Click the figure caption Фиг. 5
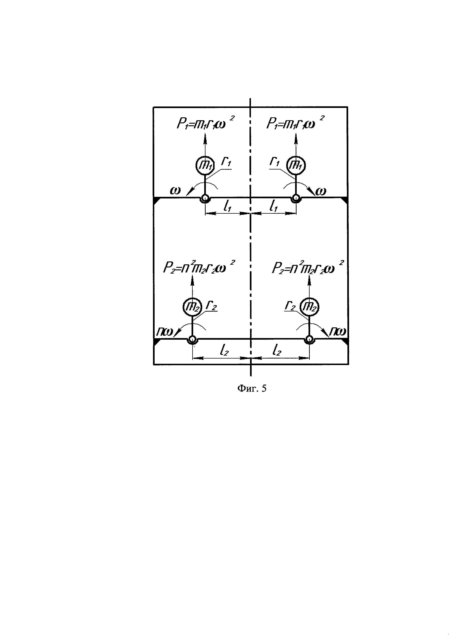coord(252,389)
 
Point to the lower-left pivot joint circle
coord(192,339)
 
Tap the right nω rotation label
coord(338,332)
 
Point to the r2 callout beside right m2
coord(290,306)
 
